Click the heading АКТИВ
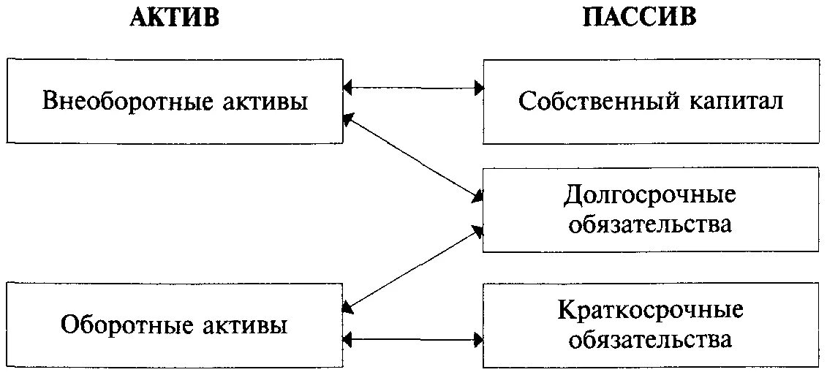pyautogui.click(x=174, y=18)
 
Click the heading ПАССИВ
pyautogui.click(x=639, y=18)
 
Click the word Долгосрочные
pyautogui.click(x=649, y=195)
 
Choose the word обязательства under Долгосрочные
pyautogui.click(x=649, y=223)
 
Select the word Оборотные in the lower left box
pyautogui.click(x=116, y=325)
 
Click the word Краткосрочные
pyautogui.click(x=649, y=311)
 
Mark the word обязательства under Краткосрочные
pyautogui.click(x=649, y=339)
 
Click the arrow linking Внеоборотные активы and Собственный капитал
pyautogui.click(x=414, y=88)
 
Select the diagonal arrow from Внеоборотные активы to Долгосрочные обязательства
pyautogui.click(x=414, y=156)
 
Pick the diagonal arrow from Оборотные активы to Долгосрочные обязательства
pyautogui.click(x=414, y=268)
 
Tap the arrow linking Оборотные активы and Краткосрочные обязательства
pyautogui.click(x=414, y=338)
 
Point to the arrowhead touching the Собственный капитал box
pyautogui.click(x=478, y=88)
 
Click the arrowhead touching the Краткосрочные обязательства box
pyautogui.click(x=478, y=338)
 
